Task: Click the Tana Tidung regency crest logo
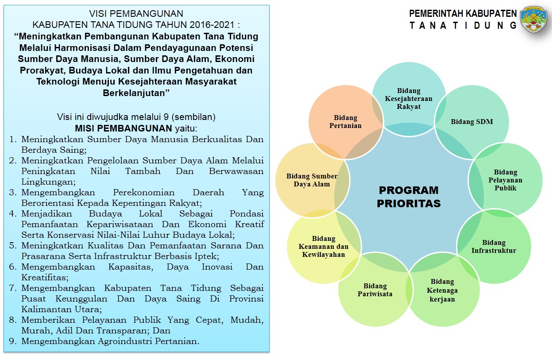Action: click(x=533, y=20)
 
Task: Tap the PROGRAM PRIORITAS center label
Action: click(x=409, y=197)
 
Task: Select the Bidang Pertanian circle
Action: click(x=345, y=122)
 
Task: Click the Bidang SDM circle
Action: click(x=472, y=122)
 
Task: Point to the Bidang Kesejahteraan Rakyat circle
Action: click(x=409, y=99)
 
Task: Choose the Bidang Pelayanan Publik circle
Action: click(x=505, y=180)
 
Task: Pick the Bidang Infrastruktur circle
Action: click(x=494, y=247)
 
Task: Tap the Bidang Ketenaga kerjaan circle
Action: click(x=442, y=290)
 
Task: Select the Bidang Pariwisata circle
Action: click(x=375, y=290)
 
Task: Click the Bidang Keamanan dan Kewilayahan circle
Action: click(x=324, y=247)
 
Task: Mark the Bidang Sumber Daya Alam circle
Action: click(x=312, y=180)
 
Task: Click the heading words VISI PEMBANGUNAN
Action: click(x=136, y=14)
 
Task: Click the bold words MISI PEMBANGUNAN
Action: click(x=124, y=128)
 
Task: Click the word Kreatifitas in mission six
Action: click(x=45, y=278)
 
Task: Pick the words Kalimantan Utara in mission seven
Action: click(x=62, y=310)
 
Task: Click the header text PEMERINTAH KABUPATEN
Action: click(x=463, y=14)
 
